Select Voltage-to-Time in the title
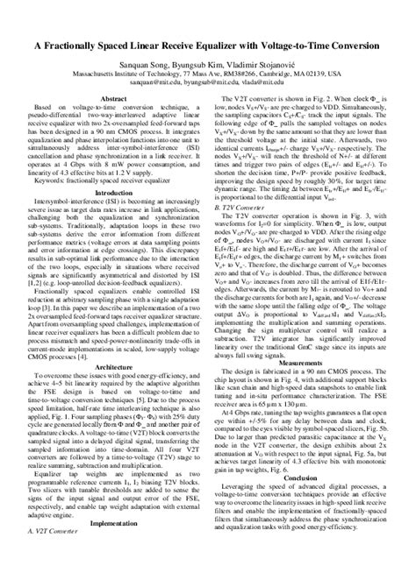[x=308, y=45]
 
